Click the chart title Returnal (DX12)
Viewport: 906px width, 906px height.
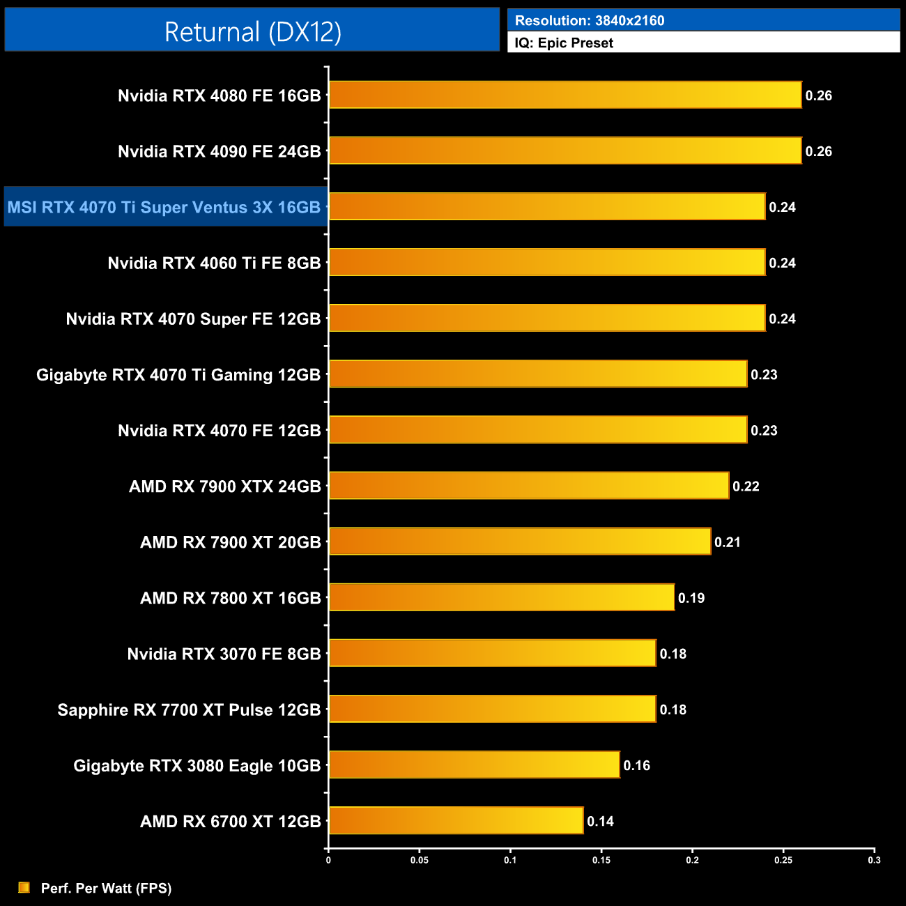(x=252, y=32)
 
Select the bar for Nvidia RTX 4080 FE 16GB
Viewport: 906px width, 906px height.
(x=565, y=95)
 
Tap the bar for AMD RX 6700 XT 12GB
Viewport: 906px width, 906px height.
(x=456, y=820)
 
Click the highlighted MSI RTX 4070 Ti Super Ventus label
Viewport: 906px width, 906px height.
(x=164, y=207)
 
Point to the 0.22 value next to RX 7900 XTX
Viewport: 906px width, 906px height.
(x=746, y=486)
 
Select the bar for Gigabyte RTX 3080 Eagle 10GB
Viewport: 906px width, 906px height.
(x=474, y=765)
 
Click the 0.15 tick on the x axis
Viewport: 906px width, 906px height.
(x=601, y=860)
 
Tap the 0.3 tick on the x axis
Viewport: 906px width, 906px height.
(x=874, y=860)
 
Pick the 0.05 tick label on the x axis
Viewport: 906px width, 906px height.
(x=420, y=860)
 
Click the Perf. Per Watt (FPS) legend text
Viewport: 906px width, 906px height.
(x=106, y=888)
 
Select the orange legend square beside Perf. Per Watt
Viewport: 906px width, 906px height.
(x=24, y=887)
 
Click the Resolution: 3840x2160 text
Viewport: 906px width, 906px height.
(x=590, y=21)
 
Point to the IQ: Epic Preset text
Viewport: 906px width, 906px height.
(x=564, y=43)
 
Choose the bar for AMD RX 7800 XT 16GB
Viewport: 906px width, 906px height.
(x=502, y=597)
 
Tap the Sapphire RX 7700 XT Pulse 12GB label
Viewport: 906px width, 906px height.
(x=189, y=709)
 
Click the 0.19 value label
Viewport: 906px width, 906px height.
(x=691, y=598)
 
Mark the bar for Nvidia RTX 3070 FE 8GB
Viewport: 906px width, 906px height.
(x=492, y=653)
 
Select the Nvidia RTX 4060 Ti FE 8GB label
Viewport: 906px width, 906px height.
(x=214, y=263)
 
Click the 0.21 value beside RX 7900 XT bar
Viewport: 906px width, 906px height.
(x=728, y=542)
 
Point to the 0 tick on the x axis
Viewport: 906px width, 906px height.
(x=328, y=860)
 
